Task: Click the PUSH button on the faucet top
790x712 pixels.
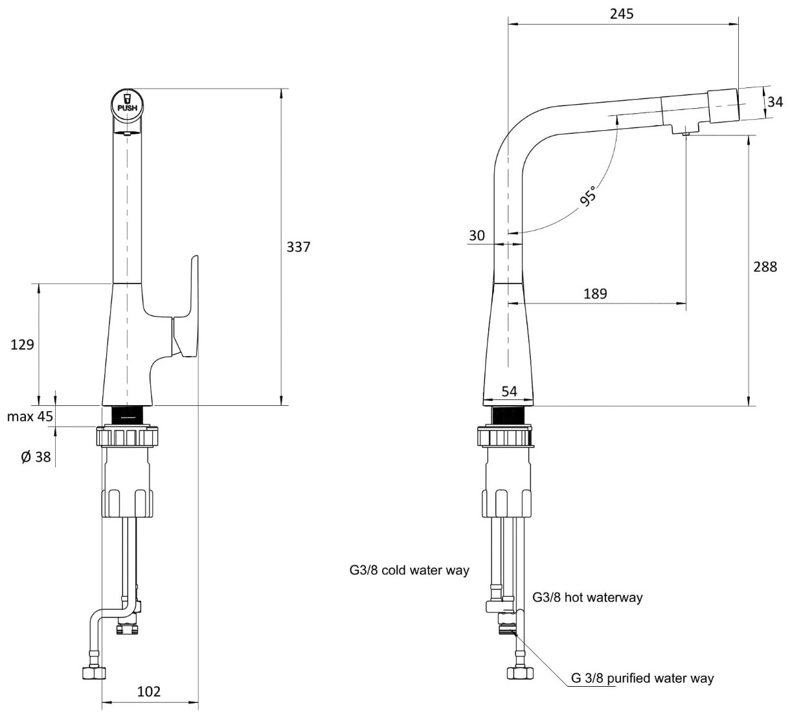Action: (x=127, y=103)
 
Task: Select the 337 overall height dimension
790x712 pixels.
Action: (x=299, y=247)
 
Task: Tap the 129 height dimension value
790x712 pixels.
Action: (x=22, y=344)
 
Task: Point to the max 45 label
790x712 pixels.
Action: (x=30, y=416)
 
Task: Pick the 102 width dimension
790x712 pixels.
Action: (x=149, y=691)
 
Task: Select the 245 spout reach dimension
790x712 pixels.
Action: (x=622, y=14)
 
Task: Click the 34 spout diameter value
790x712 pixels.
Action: (x=774, y=102)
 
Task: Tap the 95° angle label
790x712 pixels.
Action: (x=587, y=195)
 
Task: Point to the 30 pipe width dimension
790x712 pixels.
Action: (x=477, y=236)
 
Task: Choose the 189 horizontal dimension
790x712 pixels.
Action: (x=595, y=294)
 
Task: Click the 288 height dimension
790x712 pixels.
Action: (x=765, y=266)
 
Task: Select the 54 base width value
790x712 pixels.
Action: (x=510, y=392)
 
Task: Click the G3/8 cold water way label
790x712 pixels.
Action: (x=409, y=570)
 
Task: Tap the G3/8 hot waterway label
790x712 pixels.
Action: (x=587, y=597)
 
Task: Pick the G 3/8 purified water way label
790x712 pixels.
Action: (x=642, y=678)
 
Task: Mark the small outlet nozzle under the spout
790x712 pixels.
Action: (x=684, y=133)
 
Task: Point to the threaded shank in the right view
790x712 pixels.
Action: (x=510, y=416)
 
